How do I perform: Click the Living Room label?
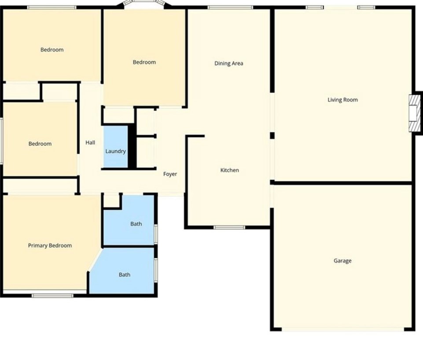342,100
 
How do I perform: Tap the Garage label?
342,261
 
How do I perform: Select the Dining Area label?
229,63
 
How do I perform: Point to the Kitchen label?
230,170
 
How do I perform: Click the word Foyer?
170,174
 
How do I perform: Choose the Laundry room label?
116,151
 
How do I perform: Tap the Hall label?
90,142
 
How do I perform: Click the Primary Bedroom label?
50,245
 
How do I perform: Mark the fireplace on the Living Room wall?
414,113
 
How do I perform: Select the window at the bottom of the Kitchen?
229,227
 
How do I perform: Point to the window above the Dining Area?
230,7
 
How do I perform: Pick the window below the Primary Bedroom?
52,295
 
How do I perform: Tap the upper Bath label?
136,224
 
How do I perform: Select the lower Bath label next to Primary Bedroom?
125,275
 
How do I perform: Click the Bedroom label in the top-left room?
52,50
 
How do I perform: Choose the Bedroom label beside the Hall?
40,144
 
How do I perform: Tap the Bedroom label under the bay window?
144,62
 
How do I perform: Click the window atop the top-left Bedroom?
52,7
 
